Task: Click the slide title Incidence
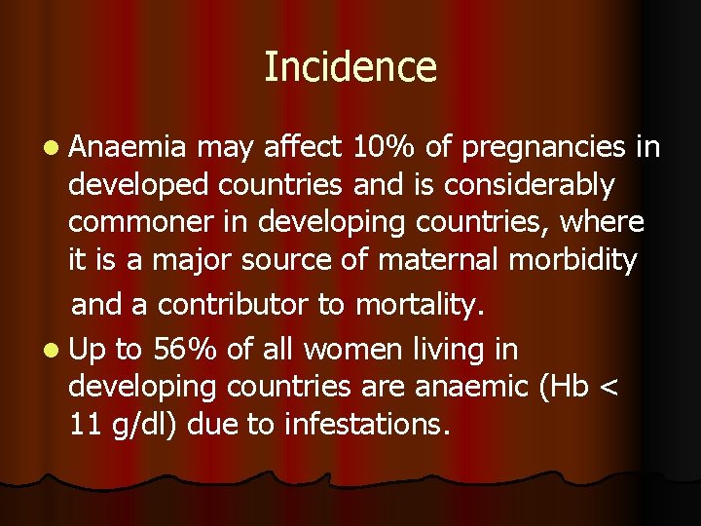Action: pyautogui.click(x=350, y=67)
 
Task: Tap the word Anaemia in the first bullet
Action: pyautogui.click(x=128, y=147)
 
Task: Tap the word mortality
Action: pyautogui.click(x=420, y=306)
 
